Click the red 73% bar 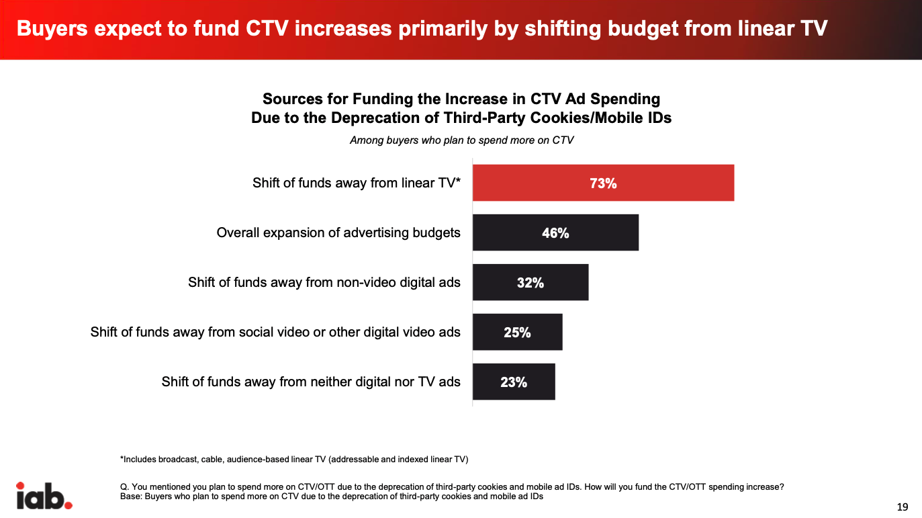click(603, 183)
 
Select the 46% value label click(555, 233)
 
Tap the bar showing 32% click(531, 282)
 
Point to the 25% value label click(517, 333)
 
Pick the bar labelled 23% click(514, 382)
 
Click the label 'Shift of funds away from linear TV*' click(356, 183)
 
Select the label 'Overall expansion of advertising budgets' click(338, 233)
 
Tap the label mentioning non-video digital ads click(324, 283)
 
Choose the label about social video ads click(275, 333)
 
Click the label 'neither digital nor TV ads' click(311, 382)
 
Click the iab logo click(44, 495)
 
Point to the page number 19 click(903, 507)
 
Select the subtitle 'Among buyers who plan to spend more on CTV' click(461, 140)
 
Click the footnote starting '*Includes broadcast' click(293, 460)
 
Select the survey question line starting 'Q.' click(447, 487)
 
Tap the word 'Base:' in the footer click(124, 497)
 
